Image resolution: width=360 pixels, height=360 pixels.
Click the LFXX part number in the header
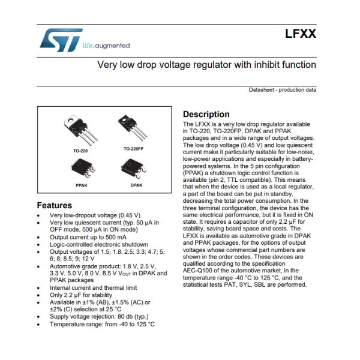[301, 35]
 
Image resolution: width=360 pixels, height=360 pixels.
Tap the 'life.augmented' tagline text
[105, 46]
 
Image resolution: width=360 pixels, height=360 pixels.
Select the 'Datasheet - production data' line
[283, 90]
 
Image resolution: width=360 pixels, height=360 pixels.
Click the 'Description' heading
[206, 114]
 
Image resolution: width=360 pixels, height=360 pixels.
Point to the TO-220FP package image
[133, 128]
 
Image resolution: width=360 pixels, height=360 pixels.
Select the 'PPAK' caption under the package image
[81, 186]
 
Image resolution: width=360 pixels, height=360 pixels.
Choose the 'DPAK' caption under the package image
[135, 186]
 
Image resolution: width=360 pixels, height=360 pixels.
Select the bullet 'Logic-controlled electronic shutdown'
[98, 244]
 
